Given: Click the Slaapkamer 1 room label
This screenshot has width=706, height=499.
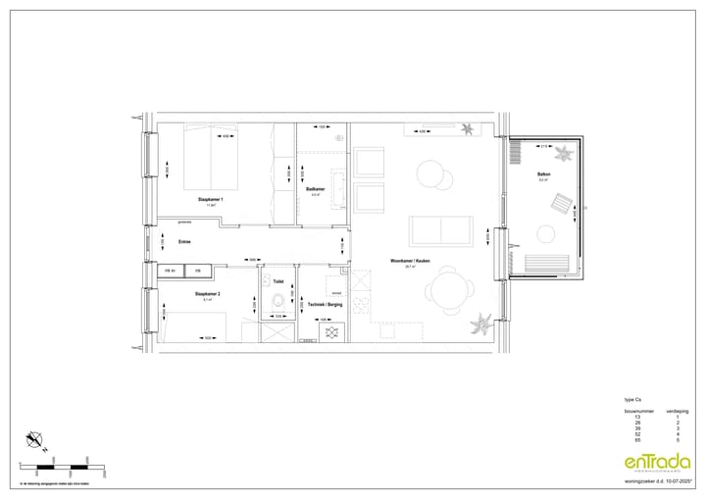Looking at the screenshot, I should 211,199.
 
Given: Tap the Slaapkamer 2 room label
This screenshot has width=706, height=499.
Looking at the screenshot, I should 207,294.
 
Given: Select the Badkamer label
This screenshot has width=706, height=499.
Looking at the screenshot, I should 316,189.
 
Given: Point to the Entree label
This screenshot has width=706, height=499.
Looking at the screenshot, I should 184,241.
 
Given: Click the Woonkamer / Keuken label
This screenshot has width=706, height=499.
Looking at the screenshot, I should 411,261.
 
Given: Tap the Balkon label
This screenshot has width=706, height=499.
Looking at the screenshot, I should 543,175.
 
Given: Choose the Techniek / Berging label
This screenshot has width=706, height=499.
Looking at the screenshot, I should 324,306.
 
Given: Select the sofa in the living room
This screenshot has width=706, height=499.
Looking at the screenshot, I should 441,229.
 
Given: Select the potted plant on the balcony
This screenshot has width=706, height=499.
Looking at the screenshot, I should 566,152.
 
